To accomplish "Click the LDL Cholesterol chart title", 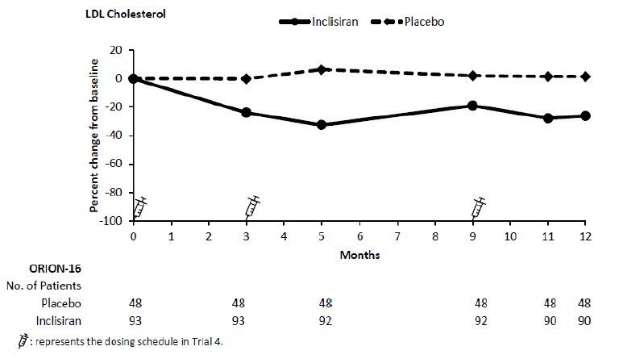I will [x=128, y=15].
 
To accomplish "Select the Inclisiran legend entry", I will [x=336, y=22].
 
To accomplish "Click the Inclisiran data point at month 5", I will [x=322, y=124].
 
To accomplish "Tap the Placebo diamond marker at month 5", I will [x=322, y=69].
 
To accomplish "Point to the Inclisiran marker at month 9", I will [x=472, y=106].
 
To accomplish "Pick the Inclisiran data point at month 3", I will [x=246, y=112].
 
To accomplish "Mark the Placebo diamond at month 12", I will [x=585, y=77].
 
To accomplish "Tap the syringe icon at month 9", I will [x=479, y=207].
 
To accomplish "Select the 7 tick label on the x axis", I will [x=397, y=238].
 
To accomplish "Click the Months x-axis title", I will [x=359, y=254].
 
